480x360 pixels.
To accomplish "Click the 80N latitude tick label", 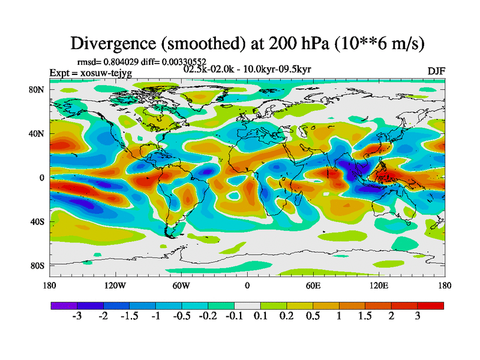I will pyautogui.click(x=38, y=90).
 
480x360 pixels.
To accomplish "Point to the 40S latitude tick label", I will pyautogui.click(x=38, y=221).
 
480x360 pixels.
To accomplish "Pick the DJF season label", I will pyautogui.click(x=436, y=71).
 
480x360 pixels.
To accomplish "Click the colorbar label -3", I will pyautogui.click(x=77, y=317).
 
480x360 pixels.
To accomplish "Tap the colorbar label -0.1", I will pyautogui.click(x=234, y=317).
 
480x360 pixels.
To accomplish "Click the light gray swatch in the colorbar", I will pyautogui.click(x=247, y=305).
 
